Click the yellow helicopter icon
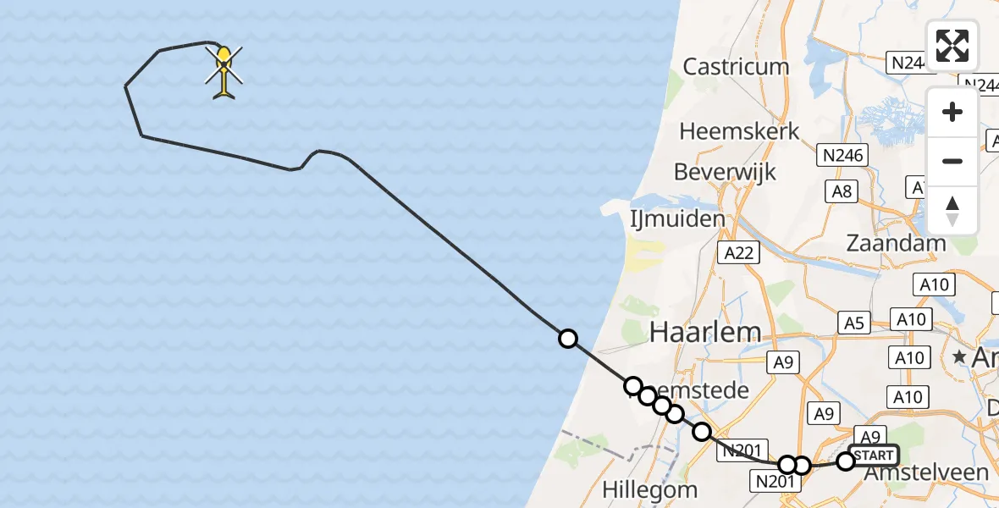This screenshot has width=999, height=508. pyautogui.click(x=224, y=71)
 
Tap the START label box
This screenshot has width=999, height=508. pyautogui.click(x=874, y=456)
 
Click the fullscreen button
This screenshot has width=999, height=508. pyautogui.click(x=952, y=46)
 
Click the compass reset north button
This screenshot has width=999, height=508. pyautogui.click(x=952, y=211)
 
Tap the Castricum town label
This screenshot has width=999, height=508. pyautogui.click(x=736, y=66)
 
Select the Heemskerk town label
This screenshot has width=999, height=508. pyautogui.click(x=739, y=132)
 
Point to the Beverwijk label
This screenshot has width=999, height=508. pyautogui.click(x=725, y=172)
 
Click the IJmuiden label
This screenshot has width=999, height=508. pyautogui.click(x=677, y=219)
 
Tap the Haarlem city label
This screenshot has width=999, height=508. pyautogui.click(x=705, y=333)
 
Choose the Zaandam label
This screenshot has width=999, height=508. pyautogui.click(x=897, y=243)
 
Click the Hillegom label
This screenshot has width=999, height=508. pyautogui.click(x=650, y=489)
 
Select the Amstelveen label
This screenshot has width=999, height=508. pyautogui.click(x=925, y=472)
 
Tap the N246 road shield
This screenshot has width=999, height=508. pyautogui.click(x=842, y=155)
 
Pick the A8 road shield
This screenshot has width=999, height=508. pyautogui.click(x=842, y=191)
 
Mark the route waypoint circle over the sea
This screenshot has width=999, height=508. pyautogui.click(x=567, y=339)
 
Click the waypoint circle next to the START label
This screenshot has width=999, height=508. pyautogui.click(x=846, y=461)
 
